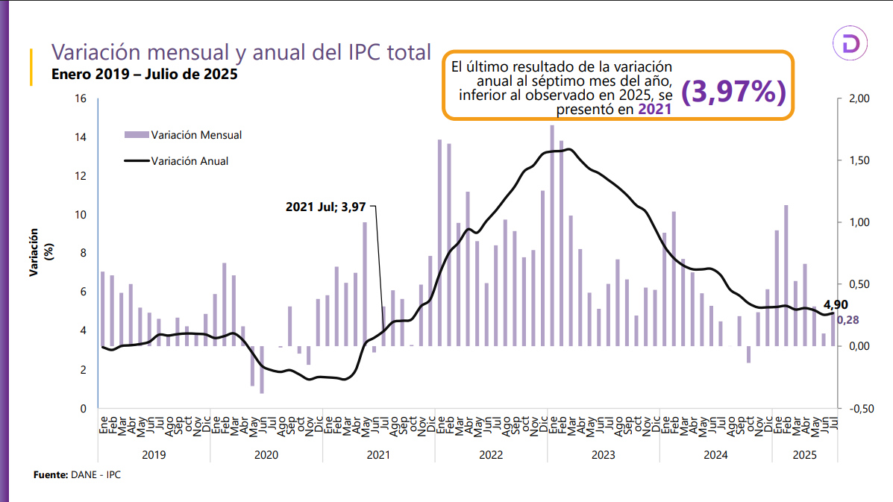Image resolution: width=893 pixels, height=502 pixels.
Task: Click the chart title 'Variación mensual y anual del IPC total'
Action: (x=240, y=53)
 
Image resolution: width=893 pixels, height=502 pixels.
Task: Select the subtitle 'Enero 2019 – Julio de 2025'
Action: (x=144, y=75)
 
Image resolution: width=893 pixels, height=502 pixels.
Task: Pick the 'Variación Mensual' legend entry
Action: (x=195, y=135)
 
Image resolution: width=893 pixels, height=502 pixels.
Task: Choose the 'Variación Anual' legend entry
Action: (x=189, y=160)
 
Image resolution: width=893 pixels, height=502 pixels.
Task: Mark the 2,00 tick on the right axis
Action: (x=853, y=98)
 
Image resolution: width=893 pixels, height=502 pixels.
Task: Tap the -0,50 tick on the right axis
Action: (x=853, y=409)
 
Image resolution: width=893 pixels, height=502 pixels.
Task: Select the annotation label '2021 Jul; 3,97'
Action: (x=325, y=207)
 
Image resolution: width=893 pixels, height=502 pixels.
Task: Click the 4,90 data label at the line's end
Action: (x=836, y=304)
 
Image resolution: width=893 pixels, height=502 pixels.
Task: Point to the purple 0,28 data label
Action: (x=847, y=320)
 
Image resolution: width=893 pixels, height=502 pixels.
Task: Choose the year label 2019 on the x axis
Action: (x=154, y=454)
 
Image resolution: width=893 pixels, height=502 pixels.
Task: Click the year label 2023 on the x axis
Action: (x=603, y=454)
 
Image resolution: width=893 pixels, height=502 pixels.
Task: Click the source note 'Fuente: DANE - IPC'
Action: (x=77, y=474)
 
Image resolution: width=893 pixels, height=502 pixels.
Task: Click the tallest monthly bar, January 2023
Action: (x=552, y=236)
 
